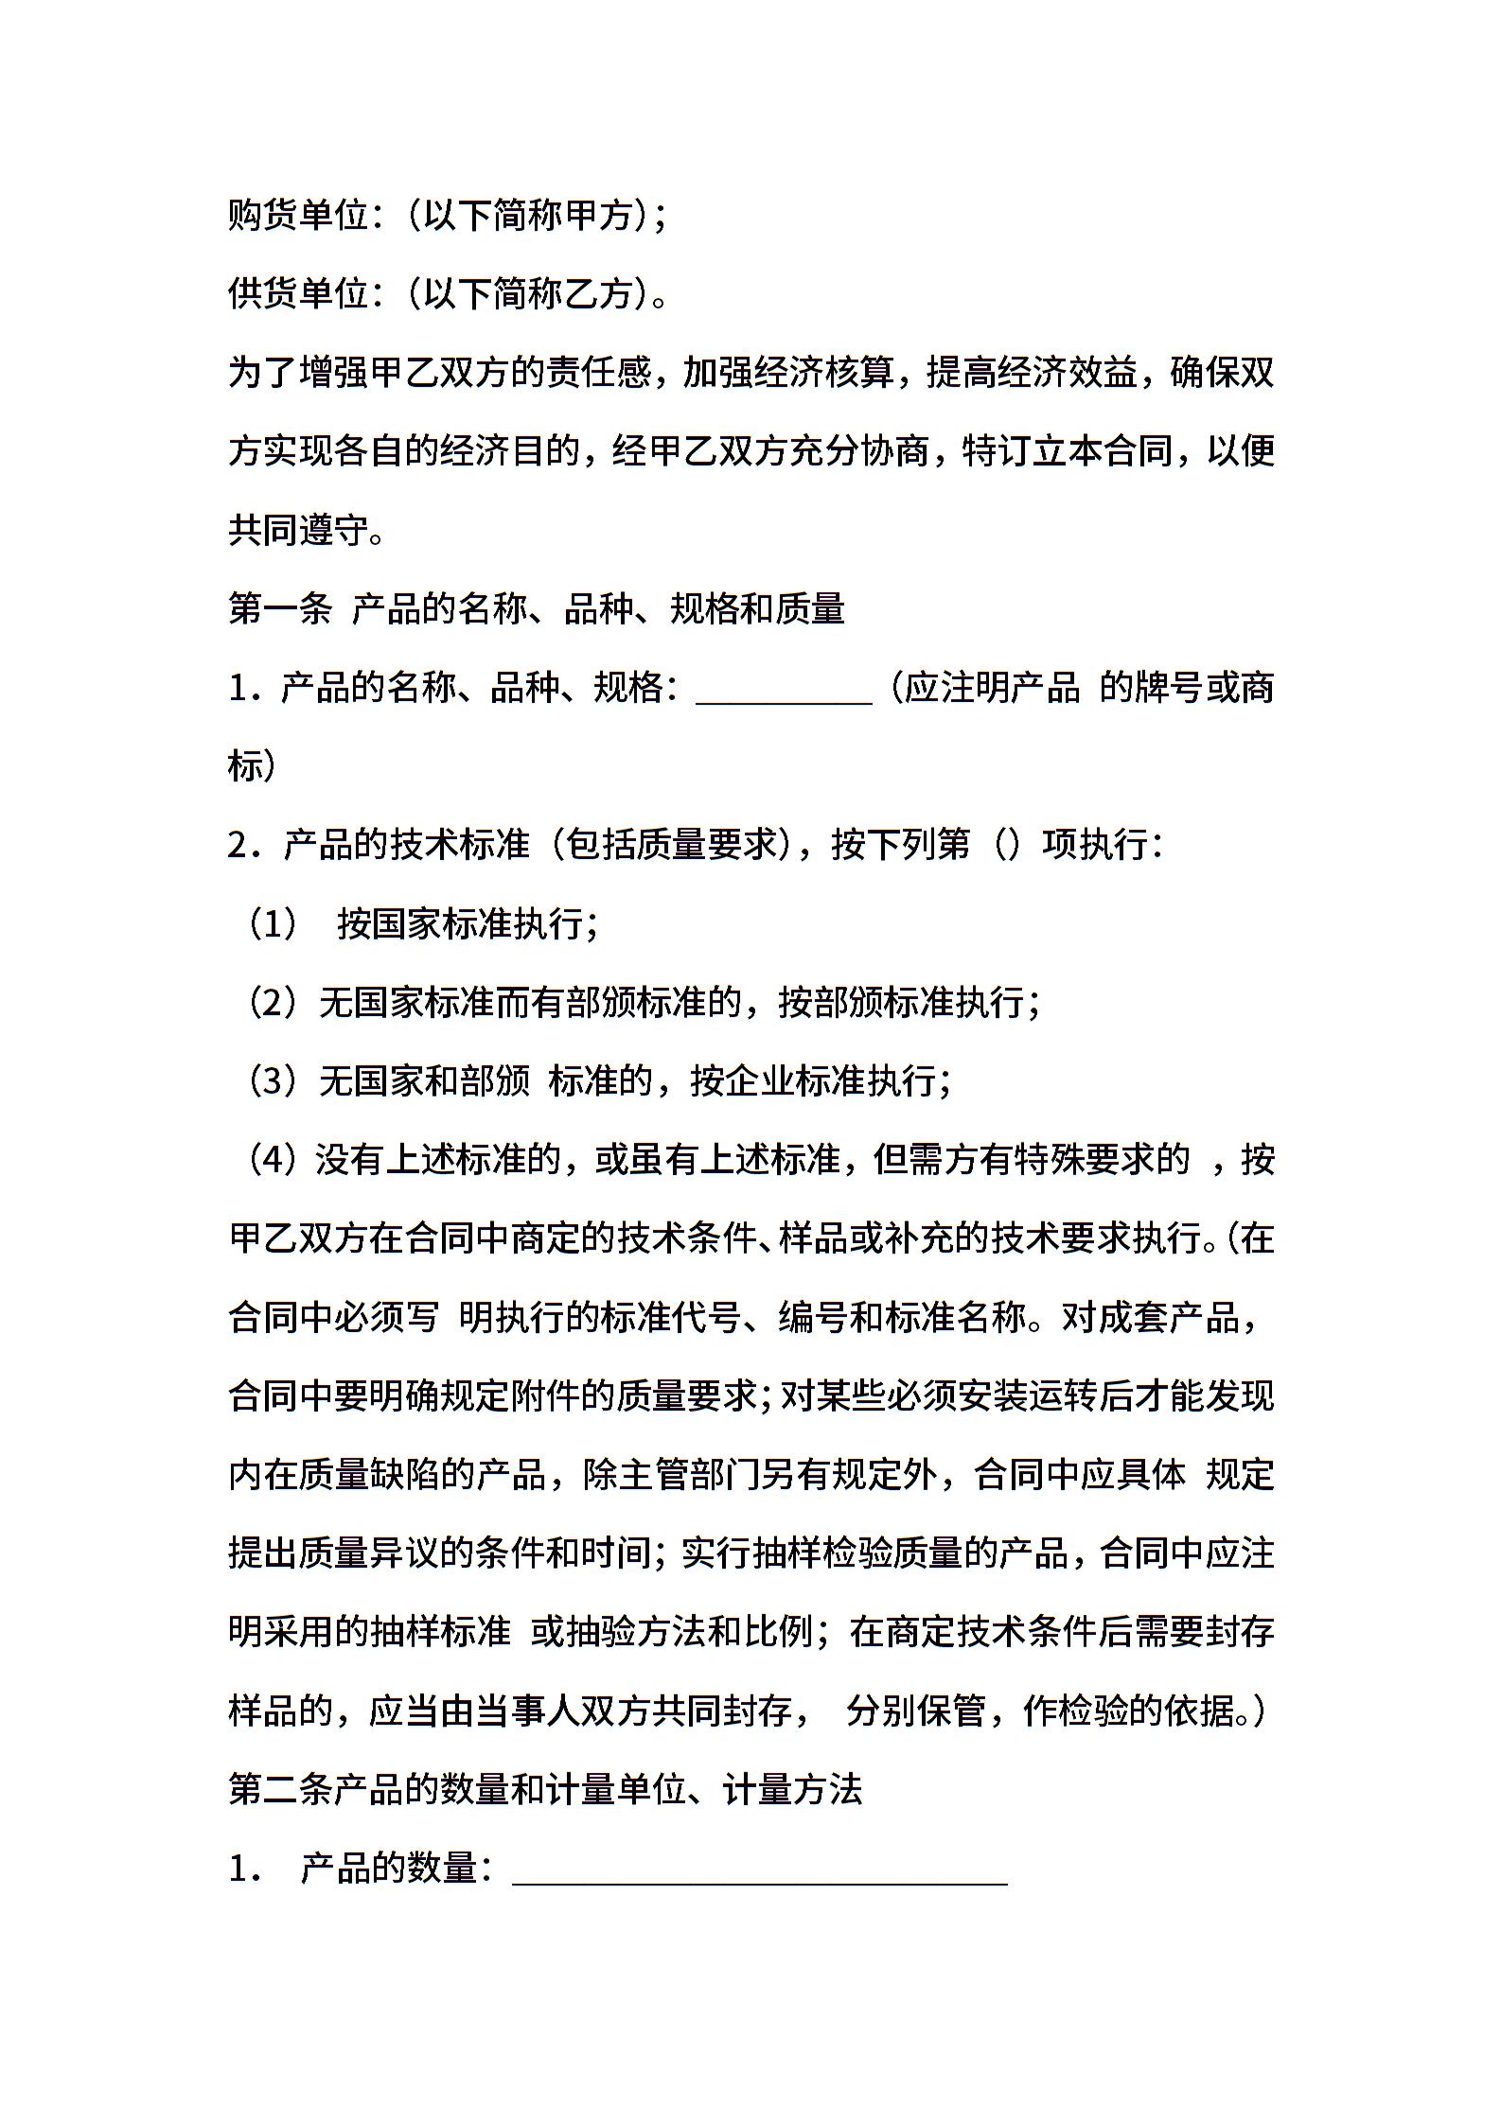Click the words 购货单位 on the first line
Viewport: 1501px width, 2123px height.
click(x=297, y=217)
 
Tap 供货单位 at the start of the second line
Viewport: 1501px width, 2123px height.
click(x=297, y=294)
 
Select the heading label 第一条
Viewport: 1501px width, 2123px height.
click(x=280, y=608)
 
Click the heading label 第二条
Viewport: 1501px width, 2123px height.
click(x=280, y=1789)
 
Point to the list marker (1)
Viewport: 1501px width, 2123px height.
click(x=273, y=923)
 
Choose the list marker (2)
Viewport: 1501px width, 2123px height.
click(x=273, y=1002)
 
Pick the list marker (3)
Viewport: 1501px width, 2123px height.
click(x=273, y=1080)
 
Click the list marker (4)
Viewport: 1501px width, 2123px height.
click(x=273, y=1159)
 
